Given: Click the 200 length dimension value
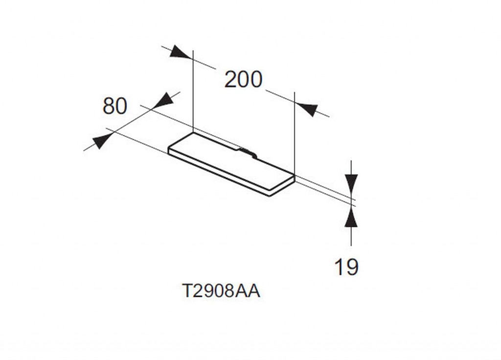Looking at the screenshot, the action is [244, 80].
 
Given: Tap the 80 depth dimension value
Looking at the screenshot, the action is [114, 106].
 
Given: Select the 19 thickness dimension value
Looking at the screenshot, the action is [346, 267].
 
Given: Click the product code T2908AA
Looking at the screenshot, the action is [221, 291].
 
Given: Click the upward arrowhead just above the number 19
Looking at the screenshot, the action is [351, 217].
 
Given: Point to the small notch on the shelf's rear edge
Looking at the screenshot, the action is [247, 152].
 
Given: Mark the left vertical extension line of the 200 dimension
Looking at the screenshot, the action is [193, 91].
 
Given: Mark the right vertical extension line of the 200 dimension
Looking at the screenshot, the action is [295, 134].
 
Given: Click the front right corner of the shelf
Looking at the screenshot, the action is [270, 194].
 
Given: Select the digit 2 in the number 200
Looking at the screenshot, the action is [231, 80].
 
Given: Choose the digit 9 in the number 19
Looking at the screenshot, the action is [352, 267].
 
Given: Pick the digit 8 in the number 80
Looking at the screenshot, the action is [109, 106].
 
